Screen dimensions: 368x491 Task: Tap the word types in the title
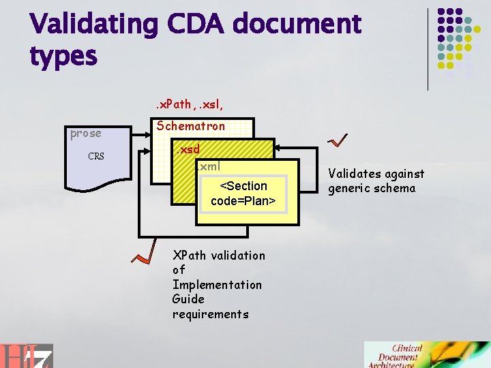[x=63, y=56]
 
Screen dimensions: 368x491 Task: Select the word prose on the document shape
[x=86, y=134]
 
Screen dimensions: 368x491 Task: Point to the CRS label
[x=96, y=157]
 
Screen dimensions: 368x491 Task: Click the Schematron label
[x=191, y=126]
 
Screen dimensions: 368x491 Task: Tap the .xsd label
[x=186, y=149]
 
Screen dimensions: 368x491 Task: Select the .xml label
[x=208, y=166]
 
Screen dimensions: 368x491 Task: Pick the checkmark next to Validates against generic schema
[x=338, y=140]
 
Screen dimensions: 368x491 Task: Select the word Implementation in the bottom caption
[x=217, y=285]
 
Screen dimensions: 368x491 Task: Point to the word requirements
[x=211, y=314]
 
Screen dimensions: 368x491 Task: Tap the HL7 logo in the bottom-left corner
[x=27, y=354]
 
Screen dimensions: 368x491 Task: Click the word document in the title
[x=297, y=25]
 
